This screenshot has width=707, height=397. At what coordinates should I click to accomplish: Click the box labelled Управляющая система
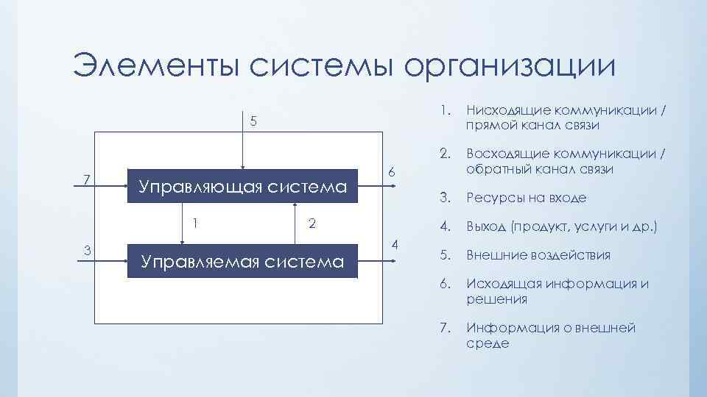tap(243, 187)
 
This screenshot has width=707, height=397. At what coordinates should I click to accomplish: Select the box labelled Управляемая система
tap(243, 261)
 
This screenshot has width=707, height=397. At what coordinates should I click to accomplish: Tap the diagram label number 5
tap(253, 121)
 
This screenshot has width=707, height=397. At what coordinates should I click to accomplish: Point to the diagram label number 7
tap(86, 179)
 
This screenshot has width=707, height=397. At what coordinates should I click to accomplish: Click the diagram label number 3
tap(88, 250)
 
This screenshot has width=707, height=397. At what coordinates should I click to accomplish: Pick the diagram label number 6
tap(393, 171)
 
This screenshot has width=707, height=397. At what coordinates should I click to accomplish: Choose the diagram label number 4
tap(395, 243)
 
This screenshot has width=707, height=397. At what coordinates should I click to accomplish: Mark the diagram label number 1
tap(195, 223)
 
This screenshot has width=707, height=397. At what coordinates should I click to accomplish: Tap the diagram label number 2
tap(312, 223)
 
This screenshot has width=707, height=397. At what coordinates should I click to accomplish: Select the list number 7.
tap(443, 328)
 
